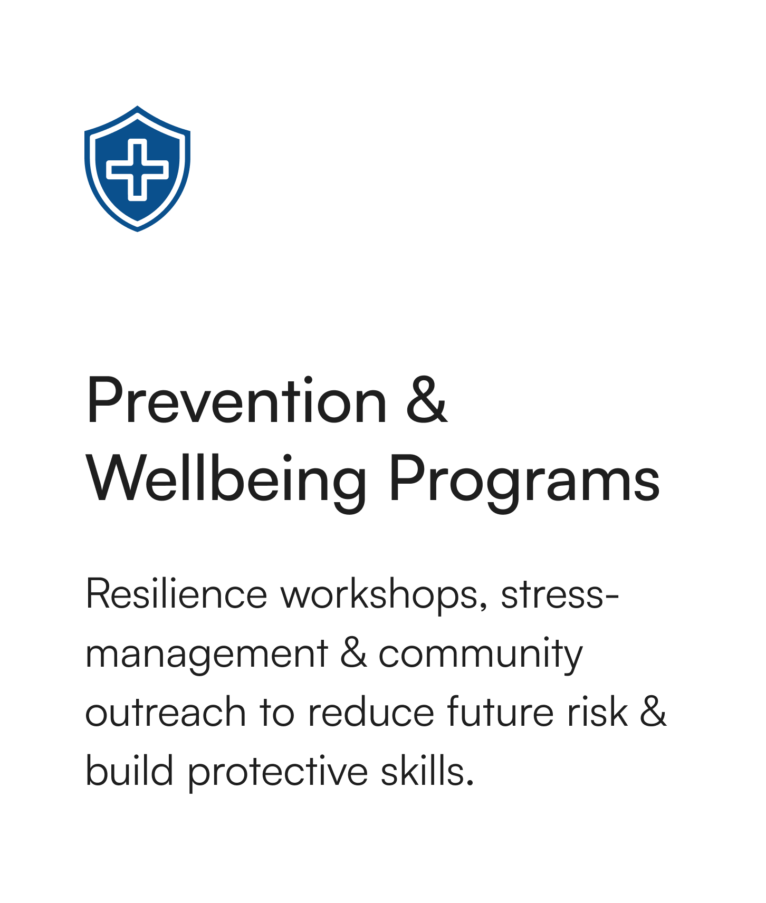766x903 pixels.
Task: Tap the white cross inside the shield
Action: pyautogui.click(x=137, y=169)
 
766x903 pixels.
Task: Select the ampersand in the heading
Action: pyautogui.click(x=427, y=401)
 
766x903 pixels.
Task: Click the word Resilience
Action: pyautogui.click(x=177, y=594)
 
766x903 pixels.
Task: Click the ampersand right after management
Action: pyautogui.click(x=353, y=653)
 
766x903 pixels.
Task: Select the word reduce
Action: pyautogui.click(x=371, y=712)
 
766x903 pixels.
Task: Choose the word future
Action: pyautogui.click(x=500, y=712)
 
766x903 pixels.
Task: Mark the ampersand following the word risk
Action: pyautogui.click(x=653, y=712)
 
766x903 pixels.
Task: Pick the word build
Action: pyautogui.click(x=130, y=771)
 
